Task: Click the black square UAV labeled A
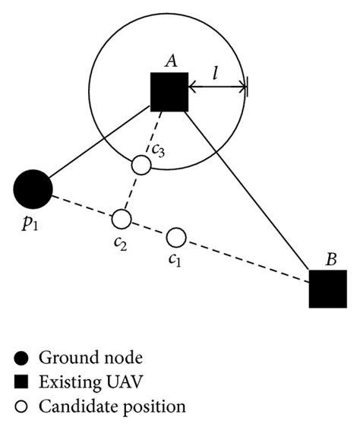[169, 92]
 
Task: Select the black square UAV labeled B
[328, 289]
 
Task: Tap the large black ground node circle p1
[33, 189]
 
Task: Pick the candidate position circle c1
[176, 238]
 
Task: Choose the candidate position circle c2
[122, 219]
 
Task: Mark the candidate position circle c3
[141, 165]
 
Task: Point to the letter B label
[331, 259]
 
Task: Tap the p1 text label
[30, 225]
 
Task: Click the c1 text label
[175, 260]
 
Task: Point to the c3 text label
[159, 150]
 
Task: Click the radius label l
[216, 73]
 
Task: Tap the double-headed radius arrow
[218, 87]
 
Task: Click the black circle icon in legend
[21, 358]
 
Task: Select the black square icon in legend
[21, 382]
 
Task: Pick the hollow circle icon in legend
[21, 406]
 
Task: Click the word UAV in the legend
[125, 381]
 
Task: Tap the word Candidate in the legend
[78, 406]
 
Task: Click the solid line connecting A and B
[248, 191]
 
